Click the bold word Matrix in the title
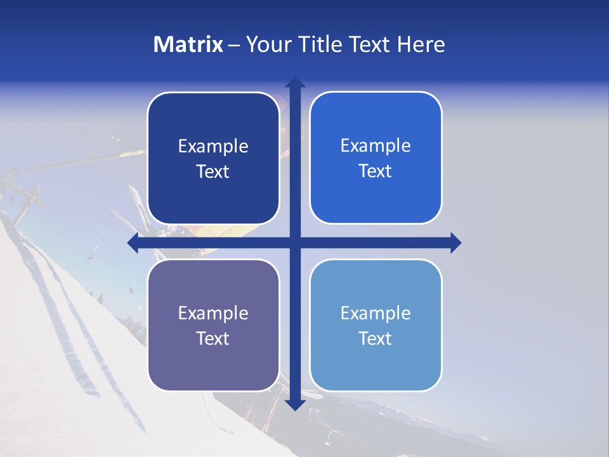pyautogui.click(x=188, y=44)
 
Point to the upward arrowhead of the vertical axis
pyautogui.click(x=295, y=83)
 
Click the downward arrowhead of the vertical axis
pyautogui.click(x=295, y=404)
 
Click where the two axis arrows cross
pyautogui.click(x=295, y=242)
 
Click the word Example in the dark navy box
pyautogui.click(x=213, y=147)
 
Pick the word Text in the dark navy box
pyautogui.click(x=213, y=171)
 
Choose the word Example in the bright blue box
pyautogui.click(x=376, y=146)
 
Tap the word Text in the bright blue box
pyautogui.click(x=376, y=171)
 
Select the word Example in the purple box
pyautogui.click(x=213, y=314)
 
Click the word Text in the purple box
pyautogui.click(x=213, y=338)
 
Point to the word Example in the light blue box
pyautogui.click(x=376, y=314)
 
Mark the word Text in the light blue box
pyautogui.click(x=376, y=338)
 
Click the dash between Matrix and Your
pyautogui.click(x=234, y=45)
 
